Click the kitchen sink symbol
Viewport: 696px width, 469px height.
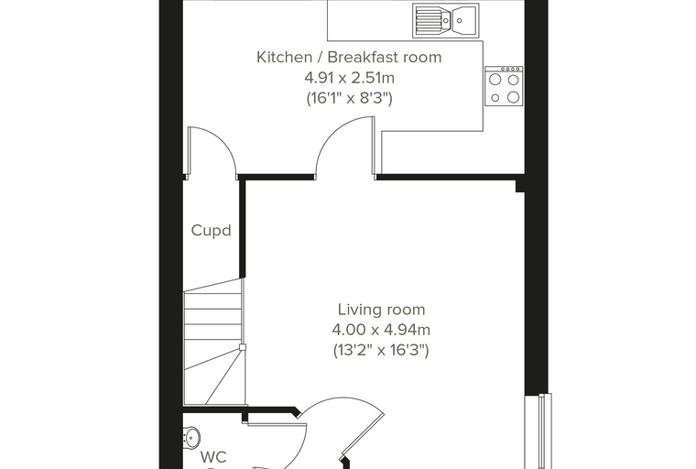pyautogui.click(x=446, y=20)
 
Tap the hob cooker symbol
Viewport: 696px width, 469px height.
pyautogui.click(x=504, y=86)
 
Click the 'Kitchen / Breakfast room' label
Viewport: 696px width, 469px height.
pyautogui.click(x=349, y=58)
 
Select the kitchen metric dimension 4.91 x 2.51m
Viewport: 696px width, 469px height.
pyautogui.click(x=349, y=78)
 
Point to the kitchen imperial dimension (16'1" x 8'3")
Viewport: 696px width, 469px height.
pyautogui.click(x=349, y=98)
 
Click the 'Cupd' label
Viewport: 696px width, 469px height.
pyautogui.click(x=212, y=231)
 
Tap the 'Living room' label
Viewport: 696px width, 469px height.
pyautogui.click(x=381, y=309)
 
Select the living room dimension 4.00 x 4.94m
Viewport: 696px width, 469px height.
pyautogui.click(x=381, y=330)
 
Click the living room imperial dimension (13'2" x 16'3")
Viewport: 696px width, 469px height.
pyautogui.click(x=381, y=351)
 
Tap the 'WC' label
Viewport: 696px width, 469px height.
pyautogui.click(x=213, y=457)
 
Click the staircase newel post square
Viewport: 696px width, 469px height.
pyautogui.click(x=243, y=347)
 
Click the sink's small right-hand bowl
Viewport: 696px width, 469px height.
pyautogui.click(x=465, y=20)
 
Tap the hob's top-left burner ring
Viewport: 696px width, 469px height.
pyautogui.click(x=495, y=80)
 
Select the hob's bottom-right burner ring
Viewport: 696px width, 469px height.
pyautogui.click(x=514, y=97)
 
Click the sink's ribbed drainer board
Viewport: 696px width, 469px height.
pyautogui.click(x=428, y=20)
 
